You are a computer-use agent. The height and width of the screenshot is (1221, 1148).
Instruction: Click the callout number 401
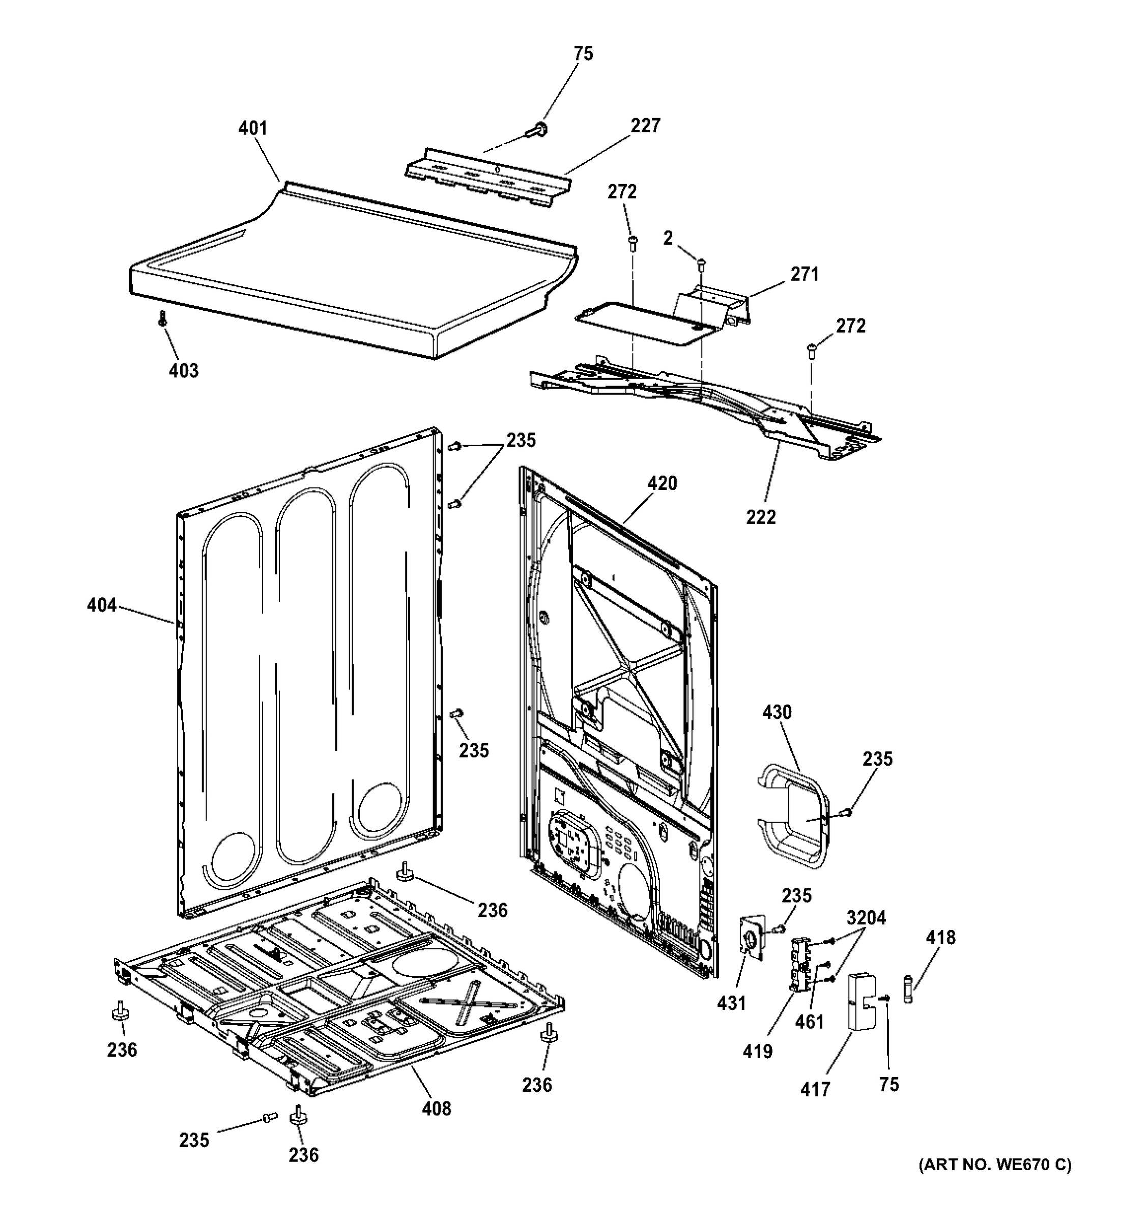click(252, 128)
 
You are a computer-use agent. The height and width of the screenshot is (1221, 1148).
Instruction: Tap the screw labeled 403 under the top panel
click(163, 318)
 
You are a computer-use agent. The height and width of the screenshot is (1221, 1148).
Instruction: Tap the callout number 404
click(101, 605)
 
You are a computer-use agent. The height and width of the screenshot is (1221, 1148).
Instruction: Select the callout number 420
click(662, 483)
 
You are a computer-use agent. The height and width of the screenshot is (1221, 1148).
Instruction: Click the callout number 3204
click(866, 918)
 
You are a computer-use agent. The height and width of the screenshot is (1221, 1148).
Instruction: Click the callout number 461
click(810, 1022)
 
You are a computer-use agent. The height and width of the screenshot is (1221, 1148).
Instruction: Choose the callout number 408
click(437, 1108)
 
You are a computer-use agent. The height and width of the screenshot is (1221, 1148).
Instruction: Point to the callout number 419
click(757, 1052)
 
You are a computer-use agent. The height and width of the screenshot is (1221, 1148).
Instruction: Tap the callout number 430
click(777, 712)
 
